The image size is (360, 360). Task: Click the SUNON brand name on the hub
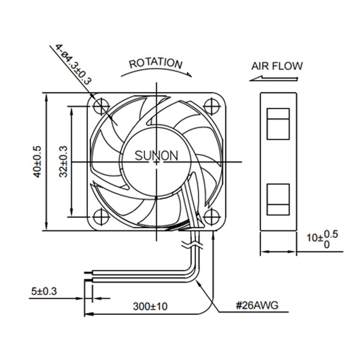click(156, 156)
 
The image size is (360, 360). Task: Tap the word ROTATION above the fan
click(156, 63)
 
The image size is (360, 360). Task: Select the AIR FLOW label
click(277, 66)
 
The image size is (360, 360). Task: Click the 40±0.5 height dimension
click(37, 162)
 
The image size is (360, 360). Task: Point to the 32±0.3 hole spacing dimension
click(63, 162)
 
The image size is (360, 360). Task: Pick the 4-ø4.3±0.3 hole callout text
click(73, 64)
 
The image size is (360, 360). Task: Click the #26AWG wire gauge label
click(257, 306)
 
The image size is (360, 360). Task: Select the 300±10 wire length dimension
click(150, 307)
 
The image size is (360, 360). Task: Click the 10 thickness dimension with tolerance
click(323, 240)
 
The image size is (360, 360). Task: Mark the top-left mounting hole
click(101, 107)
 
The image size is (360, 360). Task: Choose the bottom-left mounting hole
click(101, 217)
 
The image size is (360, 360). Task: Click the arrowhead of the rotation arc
click(189, 74)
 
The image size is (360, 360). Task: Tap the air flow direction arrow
click(274, 79)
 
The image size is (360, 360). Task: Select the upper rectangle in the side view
click(278, 124)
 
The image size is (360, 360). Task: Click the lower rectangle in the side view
click(278, 200)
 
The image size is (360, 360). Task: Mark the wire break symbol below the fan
click(192, 245)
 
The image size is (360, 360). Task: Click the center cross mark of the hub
click(156, 162)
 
